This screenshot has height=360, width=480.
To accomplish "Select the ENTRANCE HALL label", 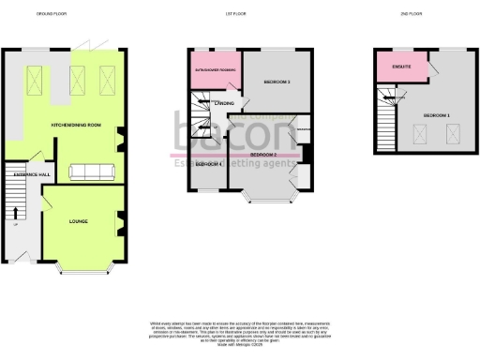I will (x=21, y=174).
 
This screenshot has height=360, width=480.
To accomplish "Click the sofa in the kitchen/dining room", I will (x=91, y=172).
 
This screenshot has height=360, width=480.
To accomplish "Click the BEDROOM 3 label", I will (x=277, y=82).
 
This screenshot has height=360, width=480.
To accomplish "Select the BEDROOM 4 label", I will (x=207, y=163).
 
